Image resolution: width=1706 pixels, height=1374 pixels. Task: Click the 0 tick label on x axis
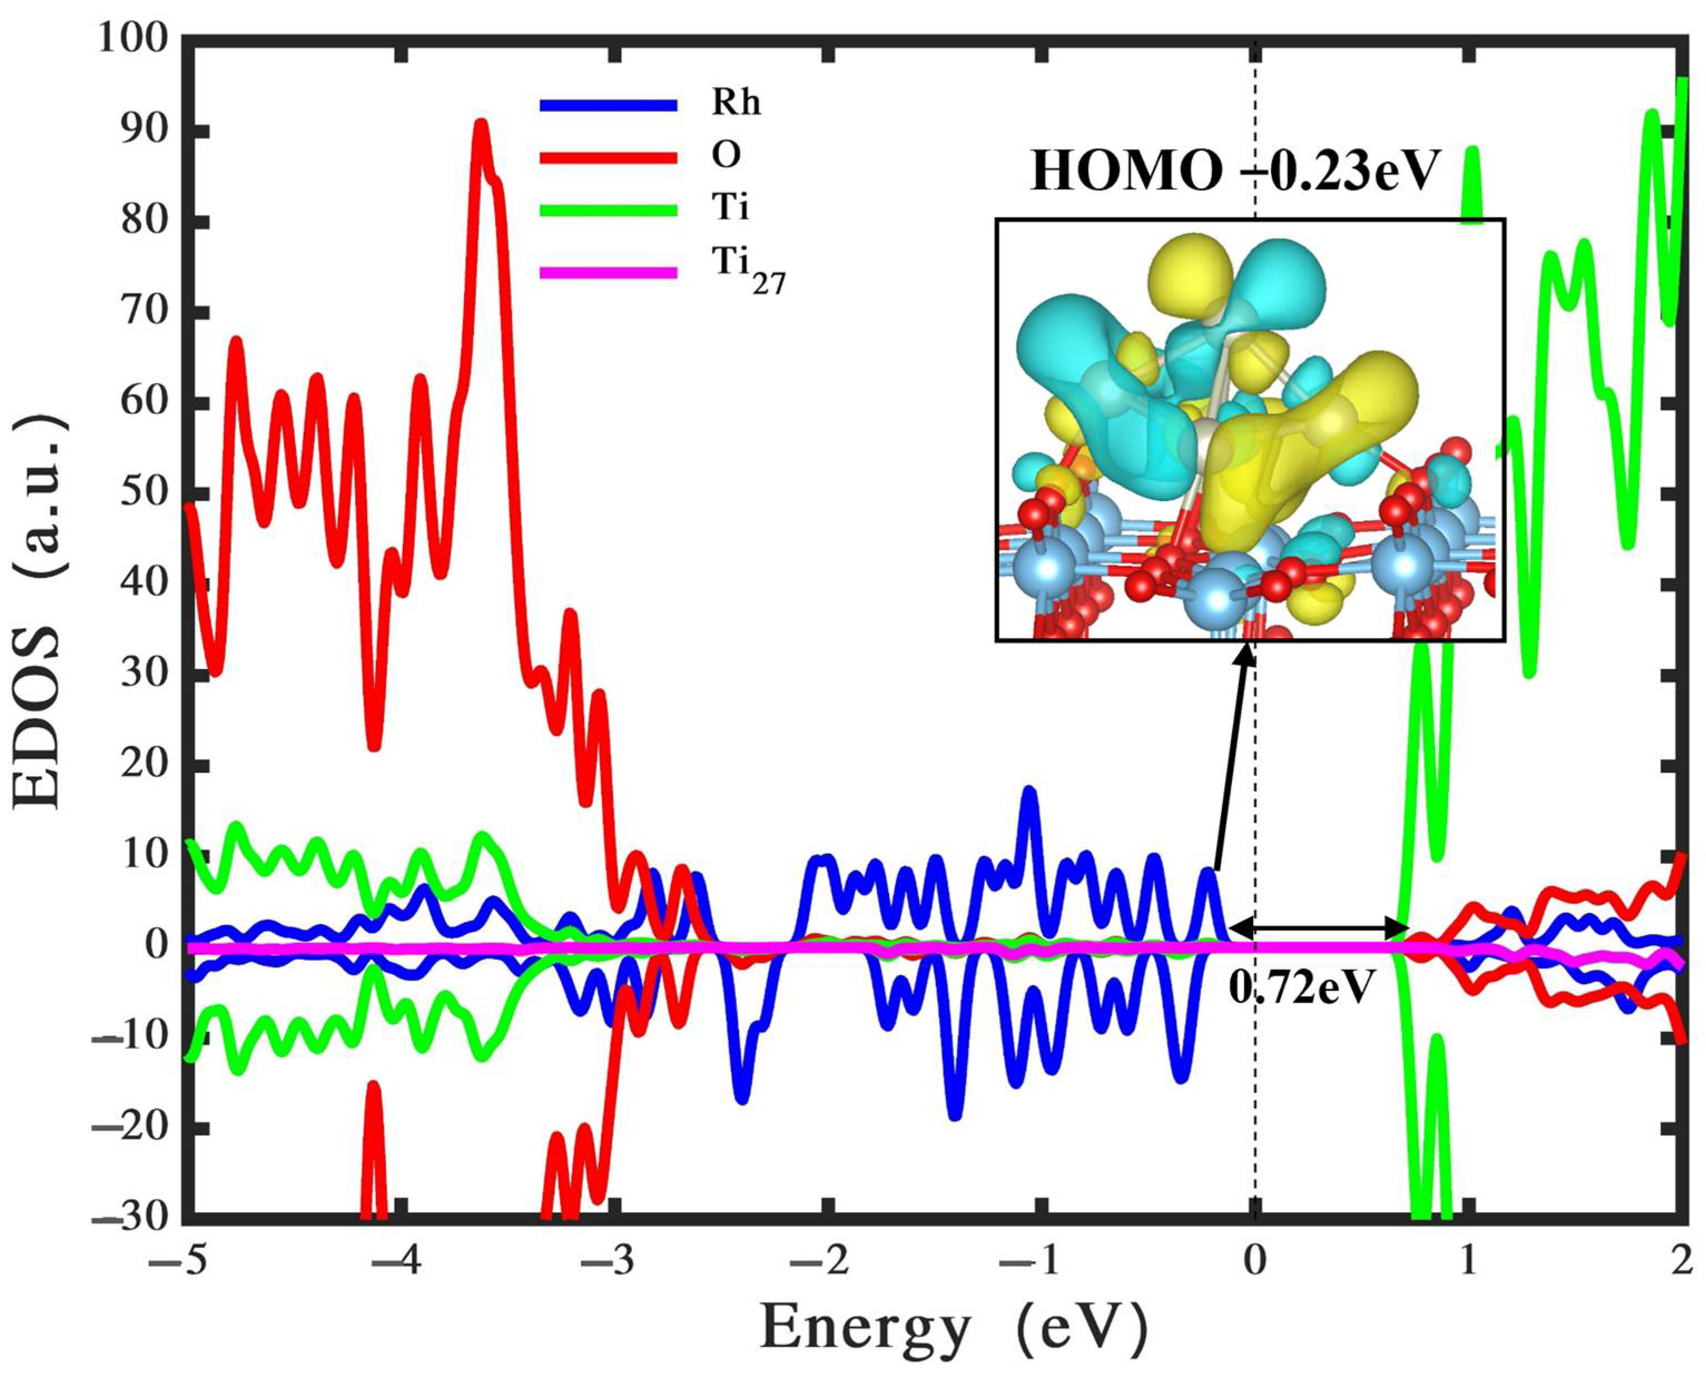coord(1255,1256)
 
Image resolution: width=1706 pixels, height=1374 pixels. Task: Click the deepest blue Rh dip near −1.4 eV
coord(955,1114)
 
